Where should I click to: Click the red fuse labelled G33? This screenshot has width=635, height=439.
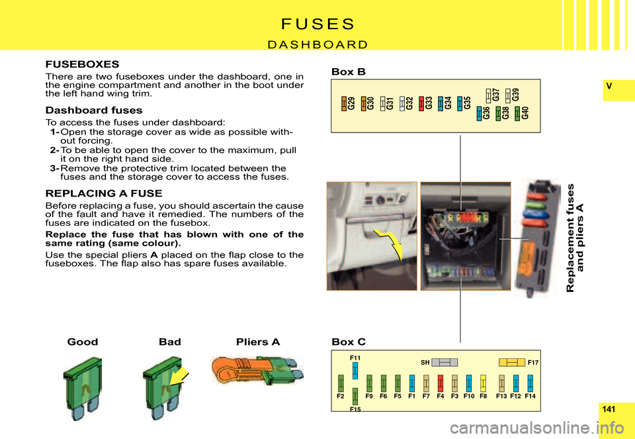click(x=421, y=103)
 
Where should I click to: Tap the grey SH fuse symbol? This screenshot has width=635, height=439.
click(x=444, y=362)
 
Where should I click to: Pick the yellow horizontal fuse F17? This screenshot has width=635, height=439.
click(x=511, y=362)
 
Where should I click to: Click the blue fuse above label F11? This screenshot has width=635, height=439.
click(x=355, y=369)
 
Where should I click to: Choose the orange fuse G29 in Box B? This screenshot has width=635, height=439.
click(x=344, y=103)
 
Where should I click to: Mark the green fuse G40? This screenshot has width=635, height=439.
click(x=517, y=113)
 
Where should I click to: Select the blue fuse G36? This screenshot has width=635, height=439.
click(x=479, y=113)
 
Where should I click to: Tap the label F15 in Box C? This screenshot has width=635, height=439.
click(x=355, y=410)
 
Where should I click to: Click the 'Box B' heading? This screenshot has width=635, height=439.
click(x=348, y=72)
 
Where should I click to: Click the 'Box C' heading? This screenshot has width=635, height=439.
click(x=348, y=342)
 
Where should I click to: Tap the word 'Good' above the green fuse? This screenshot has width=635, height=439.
click(x=83, y=342)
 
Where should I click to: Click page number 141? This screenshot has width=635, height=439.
click(x=618, y=411)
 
